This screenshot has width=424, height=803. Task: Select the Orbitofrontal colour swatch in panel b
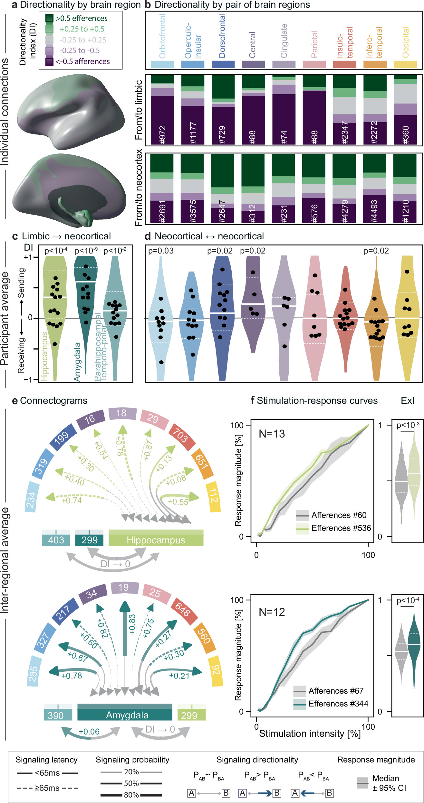[162, 64]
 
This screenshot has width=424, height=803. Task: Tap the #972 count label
[162, 134]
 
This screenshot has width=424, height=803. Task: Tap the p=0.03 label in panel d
[161, 251]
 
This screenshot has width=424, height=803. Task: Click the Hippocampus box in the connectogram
[156, 540]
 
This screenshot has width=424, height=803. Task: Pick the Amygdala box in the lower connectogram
[127, 715]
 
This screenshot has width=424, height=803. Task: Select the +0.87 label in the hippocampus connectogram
[149, 449]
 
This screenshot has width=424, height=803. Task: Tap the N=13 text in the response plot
[272, 434]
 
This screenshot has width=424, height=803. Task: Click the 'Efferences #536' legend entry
[341, 528]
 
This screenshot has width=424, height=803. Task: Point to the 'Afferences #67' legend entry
[336, 691]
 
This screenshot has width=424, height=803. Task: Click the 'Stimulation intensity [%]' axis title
[310, 734]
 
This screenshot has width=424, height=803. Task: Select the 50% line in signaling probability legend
[131, 783]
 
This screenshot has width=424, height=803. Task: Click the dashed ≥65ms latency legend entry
[47, 788]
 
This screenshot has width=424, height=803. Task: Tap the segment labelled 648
[182, 609]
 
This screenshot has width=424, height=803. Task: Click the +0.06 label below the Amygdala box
[89, 732]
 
